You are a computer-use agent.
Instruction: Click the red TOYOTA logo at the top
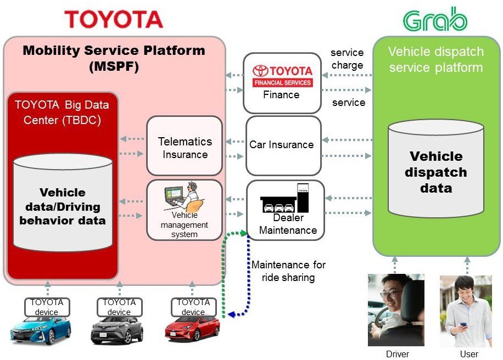[114, 19]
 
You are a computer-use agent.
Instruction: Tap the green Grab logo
[435, 19]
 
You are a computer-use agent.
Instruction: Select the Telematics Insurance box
[185, 145]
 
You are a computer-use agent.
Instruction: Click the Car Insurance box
[283, 145]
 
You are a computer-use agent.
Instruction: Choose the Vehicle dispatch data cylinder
[436, 168]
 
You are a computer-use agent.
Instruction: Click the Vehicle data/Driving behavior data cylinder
[63, 203]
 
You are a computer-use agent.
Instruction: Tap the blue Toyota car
[41, 330]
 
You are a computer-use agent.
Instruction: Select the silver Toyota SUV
[117, 330]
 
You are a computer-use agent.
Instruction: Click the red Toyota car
[193, 329]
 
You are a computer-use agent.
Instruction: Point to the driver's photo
[396, 310]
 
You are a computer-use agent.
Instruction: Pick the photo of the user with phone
[466, 311]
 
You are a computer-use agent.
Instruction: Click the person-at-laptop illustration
[185, 196]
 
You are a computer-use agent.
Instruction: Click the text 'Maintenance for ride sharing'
[288, 271]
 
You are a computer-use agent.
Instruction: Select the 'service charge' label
[347, 59]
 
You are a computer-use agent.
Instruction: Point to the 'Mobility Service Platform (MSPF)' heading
[114, 58]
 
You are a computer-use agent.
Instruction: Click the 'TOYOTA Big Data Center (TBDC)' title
[62, 112]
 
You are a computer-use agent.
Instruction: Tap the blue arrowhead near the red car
[232, 314]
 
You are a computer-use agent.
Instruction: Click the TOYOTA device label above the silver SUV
[119, 307]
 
